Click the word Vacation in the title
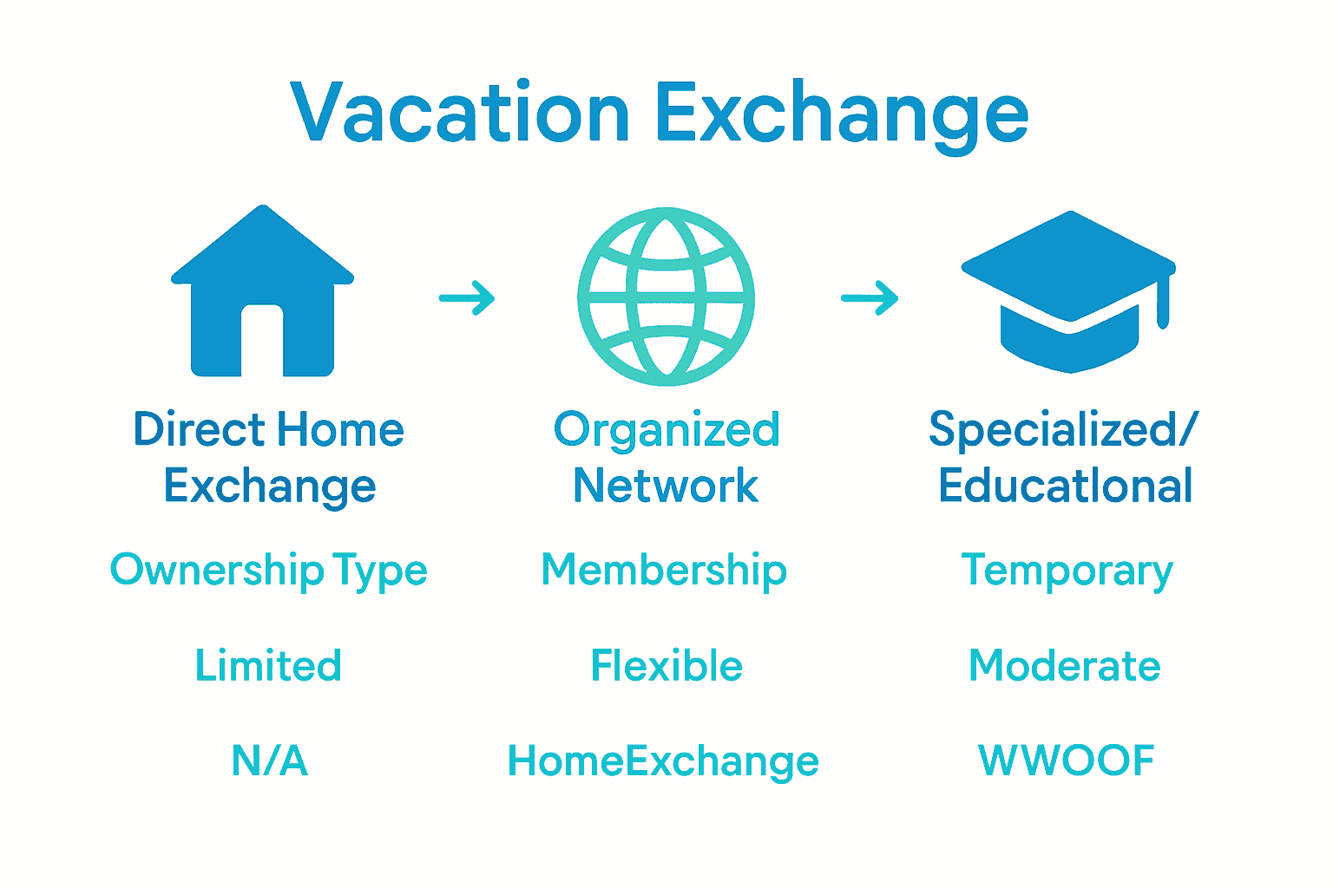pyautogui.click(x=460, y=113)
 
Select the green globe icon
pyautogui.click(x=666, y=297)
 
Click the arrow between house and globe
pyautogui.click(x=467, y=298)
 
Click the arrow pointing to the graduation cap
pyautogui.click(x=870, y=298)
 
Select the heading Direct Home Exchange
pyautogui.click(x=269, y=457)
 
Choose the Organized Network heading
pyautogui.click(x=666, y=457)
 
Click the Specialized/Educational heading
pyautogui.click(x=1065, y=457)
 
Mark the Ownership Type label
pyautogui.click(x=269, y=571)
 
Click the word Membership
pyautogui.click(x=664, y=571)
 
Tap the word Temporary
pyautogui.click(x=1067, y=571)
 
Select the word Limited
pyautogui.click(x=268, y=666)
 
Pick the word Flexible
pyautogui.click(x=666, y=666)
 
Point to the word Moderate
pyautogui.click(x=1065, y=666)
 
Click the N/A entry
pyautogui.click(x=269, y=761)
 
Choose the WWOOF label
pyautogui.click(x=1066, y=761)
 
